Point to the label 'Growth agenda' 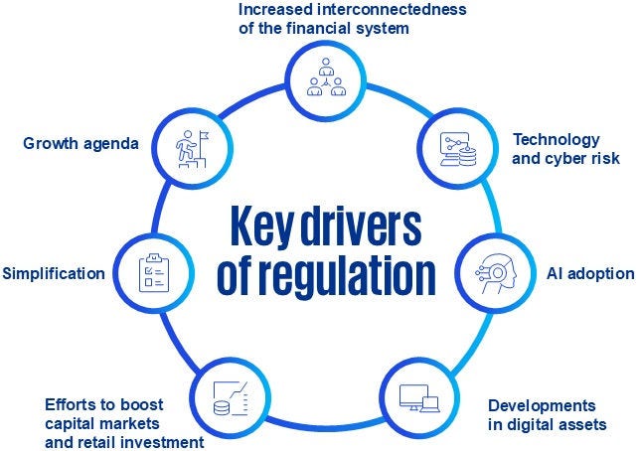80,144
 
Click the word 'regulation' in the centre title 341,276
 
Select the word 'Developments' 542,405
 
